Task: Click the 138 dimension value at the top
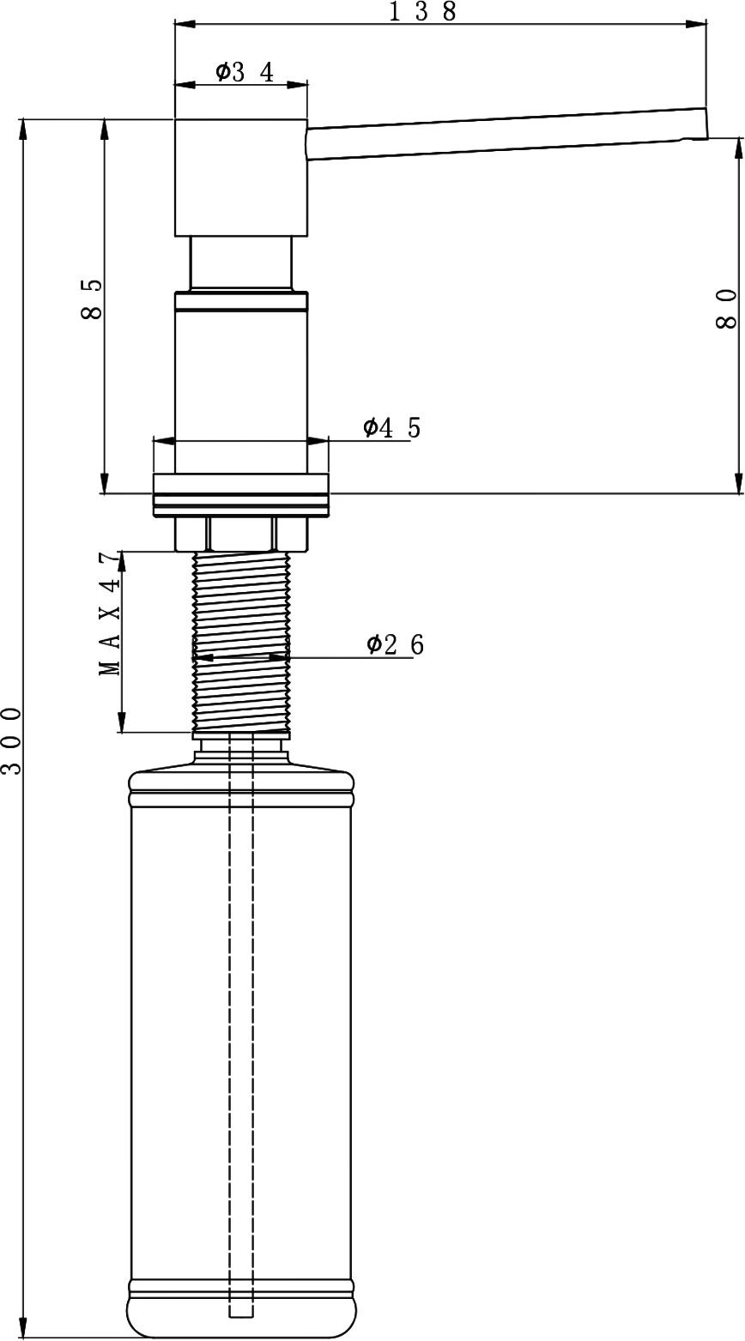(423, 11)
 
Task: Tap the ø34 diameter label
(245, 72)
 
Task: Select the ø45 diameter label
(391, 427)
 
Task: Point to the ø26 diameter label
(396, 644)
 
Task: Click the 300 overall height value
(11, 740)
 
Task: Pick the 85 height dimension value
(92, 299)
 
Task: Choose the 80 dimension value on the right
(726, 308)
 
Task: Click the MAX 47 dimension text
(110, 614)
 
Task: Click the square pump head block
(240, 178)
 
